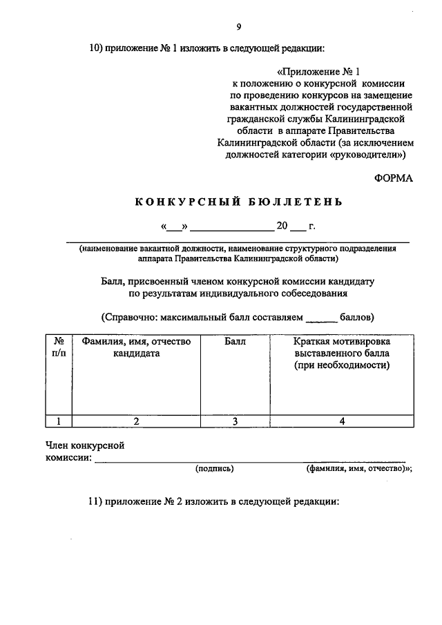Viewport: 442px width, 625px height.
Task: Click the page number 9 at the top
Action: [238, 27]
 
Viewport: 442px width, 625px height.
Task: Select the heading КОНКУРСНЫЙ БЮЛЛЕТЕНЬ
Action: [238, 202]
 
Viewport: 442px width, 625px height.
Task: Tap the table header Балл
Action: [235, 342]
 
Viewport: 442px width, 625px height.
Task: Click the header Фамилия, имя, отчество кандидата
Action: [136, 347]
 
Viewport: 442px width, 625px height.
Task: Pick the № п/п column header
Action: [59, 347]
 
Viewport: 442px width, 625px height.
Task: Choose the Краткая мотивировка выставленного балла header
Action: [341, 353]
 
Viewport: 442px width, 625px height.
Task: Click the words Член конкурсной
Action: [85, 445]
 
